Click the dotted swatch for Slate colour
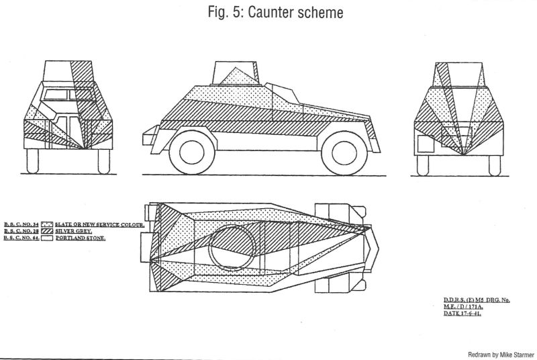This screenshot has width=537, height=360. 47,223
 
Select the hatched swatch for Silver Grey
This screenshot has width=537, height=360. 47,230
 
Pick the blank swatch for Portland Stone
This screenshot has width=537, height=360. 47,238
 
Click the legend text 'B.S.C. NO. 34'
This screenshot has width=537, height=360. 20,223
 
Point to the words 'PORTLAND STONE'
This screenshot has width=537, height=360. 81,238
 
